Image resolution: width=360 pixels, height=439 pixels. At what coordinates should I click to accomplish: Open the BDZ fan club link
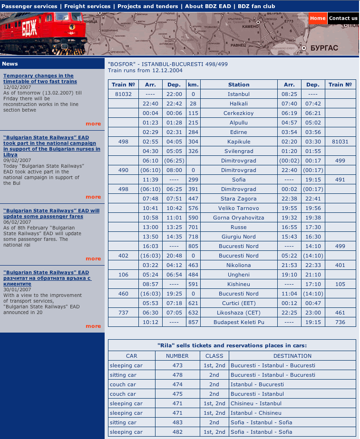click(x=256, y=6)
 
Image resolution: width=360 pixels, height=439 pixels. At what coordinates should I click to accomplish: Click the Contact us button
click(x=343, y=19)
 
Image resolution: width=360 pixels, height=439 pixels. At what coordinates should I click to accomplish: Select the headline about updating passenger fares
click(x=51, y=213)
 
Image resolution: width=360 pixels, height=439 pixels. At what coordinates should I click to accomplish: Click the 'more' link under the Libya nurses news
click(x=93, y=197)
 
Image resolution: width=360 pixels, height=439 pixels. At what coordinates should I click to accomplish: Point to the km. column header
click(x=193, y=85)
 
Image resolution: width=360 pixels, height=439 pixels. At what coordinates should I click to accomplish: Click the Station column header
click(x=239, y=85)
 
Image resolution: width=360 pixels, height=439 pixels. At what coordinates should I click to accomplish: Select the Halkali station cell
click(x=239, y=104)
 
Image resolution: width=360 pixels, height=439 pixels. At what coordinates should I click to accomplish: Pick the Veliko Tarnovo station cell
click(x=239, y=208)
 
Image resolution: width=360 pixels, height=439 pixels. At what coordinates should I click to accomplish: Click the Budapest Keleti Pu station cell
click(x=239, y=322)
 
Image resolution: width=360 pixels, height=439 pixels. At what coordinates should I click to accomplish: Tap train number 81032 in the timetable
click(x=123, y=94)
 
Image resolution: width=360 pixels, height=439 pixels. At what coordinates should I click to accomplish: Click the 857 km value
click(x=193, y=322)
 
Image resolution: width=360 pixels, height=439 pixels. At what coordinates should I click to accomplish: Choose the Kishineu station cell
click(x=239, y=284)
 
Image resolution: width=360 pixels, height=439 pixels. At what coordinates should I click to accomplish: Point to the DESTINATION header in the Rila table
click(x=292, y=356)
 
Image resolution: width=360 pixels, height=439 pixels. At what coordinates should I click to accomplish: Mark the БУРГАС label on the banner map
click(x=324, y=48)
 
